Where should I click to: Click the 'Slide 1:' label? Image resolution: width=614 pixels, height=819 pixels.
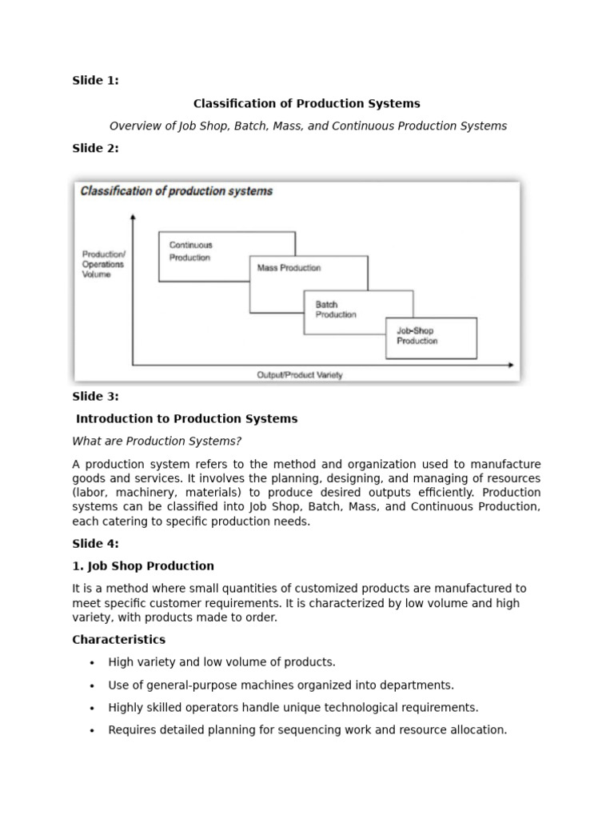coord(95,81)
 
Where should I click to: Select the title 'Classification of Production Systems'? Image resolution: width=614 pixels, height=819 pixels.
coord(306,104)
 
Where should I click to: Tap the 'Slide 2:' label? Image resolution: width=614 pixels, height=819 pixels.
coord(95,149)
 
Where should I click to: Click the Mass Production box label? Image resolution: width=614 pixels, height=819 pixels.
coord(289,268)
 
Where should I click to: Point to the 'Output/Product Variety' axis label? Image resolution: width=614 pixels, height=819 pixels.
coord(300,375)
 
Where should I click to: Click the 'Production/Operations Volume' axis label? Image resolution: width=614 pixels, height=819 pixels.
coord(103,264)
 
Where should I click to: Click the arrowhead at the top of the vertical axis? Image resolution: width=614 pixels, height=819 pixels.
coord(133,216)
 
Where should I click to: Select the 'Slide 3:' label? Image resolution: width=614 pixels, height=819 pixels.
coord(95,397)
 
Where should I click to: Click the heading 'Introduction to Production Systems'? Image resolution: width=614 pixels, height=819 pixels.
coord(186,419)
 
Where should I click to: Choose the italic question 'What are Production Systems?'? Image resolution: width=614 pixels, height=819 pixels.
coord(157,441)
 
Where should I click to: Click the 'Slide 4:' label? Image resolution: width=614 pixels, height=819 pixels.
coord(95,544)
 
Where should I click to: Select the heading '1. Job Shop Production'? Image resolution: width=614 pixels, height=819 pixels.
coord(143,566)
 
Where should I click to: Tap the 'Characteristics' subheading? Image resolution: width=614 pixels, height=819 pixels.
coord(119,640)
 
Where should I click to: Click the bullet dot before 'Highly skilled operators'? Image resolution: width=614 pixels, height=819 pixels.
coord(93,709)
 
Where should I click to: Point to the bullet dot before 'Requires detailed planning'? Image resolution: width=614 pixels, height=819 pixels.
coord(93,731)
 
